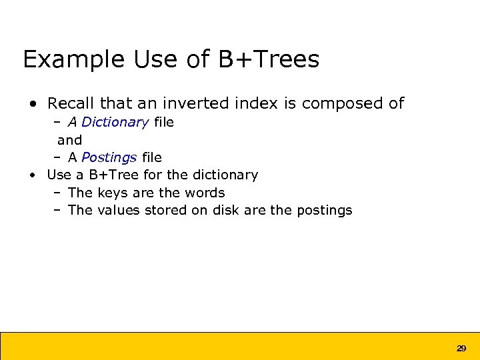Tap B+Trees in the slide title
(268, 60)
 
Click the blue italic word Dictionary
(115, 123)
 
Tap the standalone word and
(69, 140)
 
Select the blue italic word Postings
(109, 158)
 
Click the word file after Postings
(151, 157)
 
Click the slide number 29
(461, 348)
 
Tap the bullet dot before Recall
(33, 104)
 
